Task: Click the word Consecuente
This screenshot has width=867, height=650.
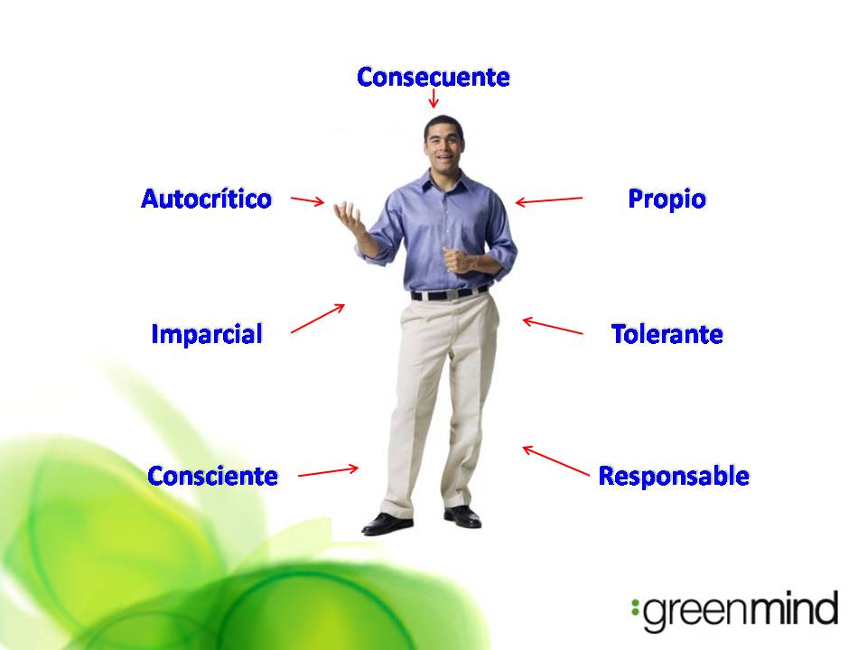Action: (433, 77)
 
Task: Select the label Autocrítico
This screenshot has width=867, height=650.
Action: (206, 199)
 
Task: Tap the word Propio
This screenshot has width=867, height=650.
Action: (667, 199)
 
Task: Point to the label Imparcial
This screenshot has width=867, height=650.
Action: (207, 334)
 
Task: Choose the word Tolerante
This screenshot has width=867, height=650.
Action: (667, 334)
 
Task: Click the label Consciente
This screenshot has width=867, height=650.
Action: (212, 475)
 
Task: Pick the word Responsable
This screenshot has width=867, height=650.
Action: (674, 475)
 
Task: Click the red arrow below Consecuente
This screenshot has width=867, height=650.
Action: (433, 97)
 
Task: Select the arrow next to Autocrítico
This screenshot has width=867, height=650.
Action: (307, 200)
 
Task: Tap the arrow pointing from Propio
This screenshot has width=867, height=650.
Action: (549, 200)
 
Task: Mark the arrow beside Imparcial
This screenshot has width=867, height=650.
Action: (318, 318)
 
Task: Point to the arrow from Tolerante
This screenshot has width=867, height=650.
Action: (553, 326)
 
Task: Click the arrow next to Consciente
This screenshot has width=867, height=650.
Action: (328, 470)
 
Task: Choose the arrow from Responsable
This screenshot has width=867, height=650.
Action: (555, 460)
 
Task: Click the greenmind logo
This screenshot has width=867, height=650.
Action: (736, 612)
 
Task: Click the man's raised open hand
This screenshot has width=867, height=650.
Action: (348, 217)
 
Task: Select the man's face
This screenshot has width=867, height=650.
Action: (443, 144)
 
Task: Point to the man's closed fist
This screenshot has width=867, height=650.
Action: (455, 260)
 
